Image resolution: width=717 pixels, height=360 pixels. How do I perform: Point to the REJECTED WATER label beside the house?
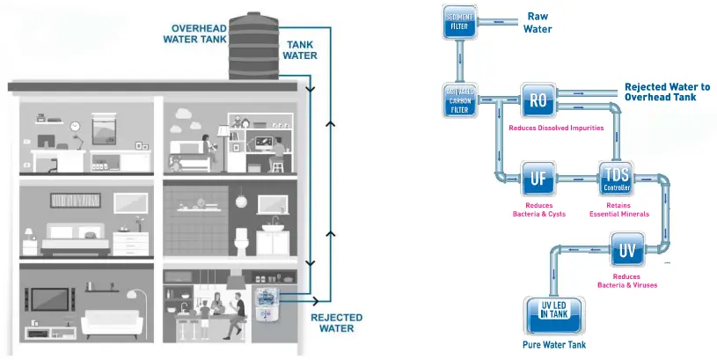click(x=332, y=323)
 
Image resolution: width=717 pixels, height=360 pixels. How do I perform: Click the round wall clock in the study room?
click(x=76, y=126)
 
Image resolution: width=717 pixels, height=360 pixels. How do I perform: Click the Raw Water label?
click(x=538, y=23)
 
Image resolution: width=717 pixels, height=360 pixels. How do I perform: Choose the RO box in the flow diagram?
click(x=537, y=99)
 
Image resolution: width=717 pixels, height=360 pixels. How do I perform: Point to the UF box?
click(x=538, y=179)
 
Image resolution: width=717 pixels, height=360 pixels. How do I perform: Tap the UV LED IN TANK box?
click(x=555, y=312)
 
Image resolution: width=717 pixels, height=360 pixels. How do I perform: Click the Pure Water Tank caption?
click(x=554, y=345)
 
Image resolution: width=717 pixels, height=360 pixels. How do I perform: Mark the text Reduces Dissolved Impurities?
click(x=556, y=128)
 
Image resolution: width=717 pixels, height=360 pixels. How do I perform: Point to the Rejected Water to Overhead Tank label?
click(x=667, y=92)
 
